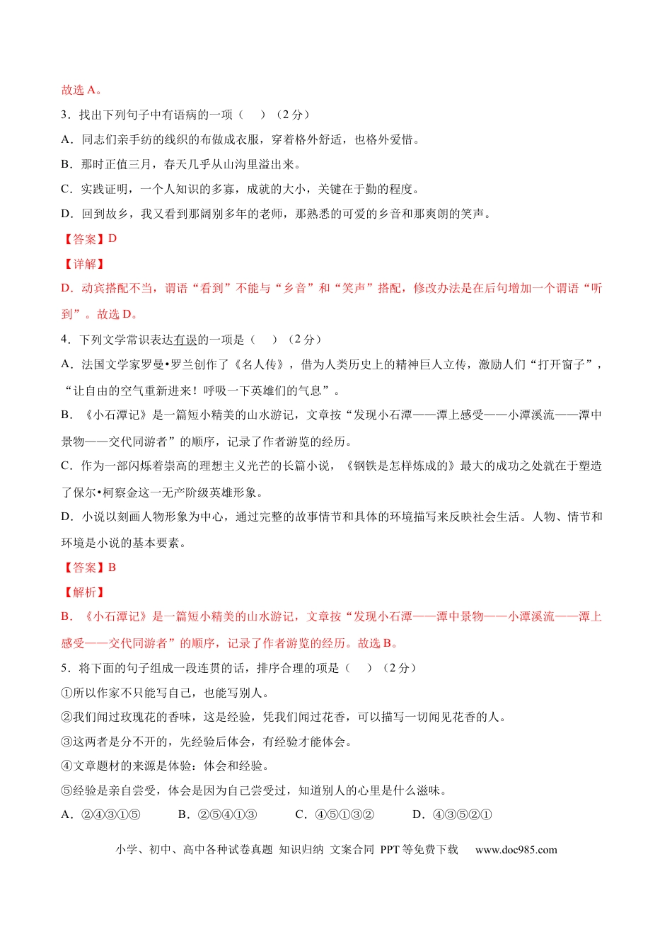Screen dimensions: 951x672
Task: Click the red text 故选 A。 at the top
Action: click(x=81, y=90)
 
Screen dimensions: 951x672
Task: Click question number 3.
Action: click(x=64, y=115)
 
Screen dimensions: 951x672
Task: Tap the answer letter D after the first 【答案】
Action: click(x=112, y=238)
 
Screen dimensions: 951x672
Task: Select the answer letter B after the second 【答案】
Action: click(x=112, y=567)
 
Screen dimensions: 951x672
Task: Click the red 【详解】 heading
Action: click(x=84, y=264)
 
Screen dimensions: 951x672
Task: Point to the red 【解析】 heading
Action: click(x=84, y=592)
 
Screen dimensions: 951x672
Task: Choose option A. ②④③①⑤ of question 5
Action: click(x=100, y=814)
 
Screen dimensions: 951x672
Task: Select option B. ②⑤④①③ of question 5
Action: click(x=217, y=814)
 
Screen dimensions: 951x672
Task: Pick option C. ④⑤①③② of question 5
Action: click(x=335, y=814)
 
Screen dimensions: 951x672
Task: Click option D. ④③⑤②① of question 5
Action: click(x=452, y=814)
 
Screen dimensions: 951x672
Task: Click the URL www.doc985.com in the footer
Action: click(x=516, y=850)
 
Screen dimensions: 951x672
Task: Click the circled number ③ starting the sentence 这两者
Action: click(x=66, y=742)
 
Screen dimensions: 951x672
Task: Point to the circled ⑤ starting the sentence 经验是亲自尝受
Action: click(x=66, y=790)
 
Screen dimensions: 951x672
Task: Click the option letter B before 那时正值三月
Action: click(x=66, y=164)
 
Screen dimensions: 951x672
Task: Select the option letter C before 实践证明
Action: click(x=66, y=189)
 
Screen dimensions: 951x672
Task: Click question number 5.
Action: click(x=64, y=668)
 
